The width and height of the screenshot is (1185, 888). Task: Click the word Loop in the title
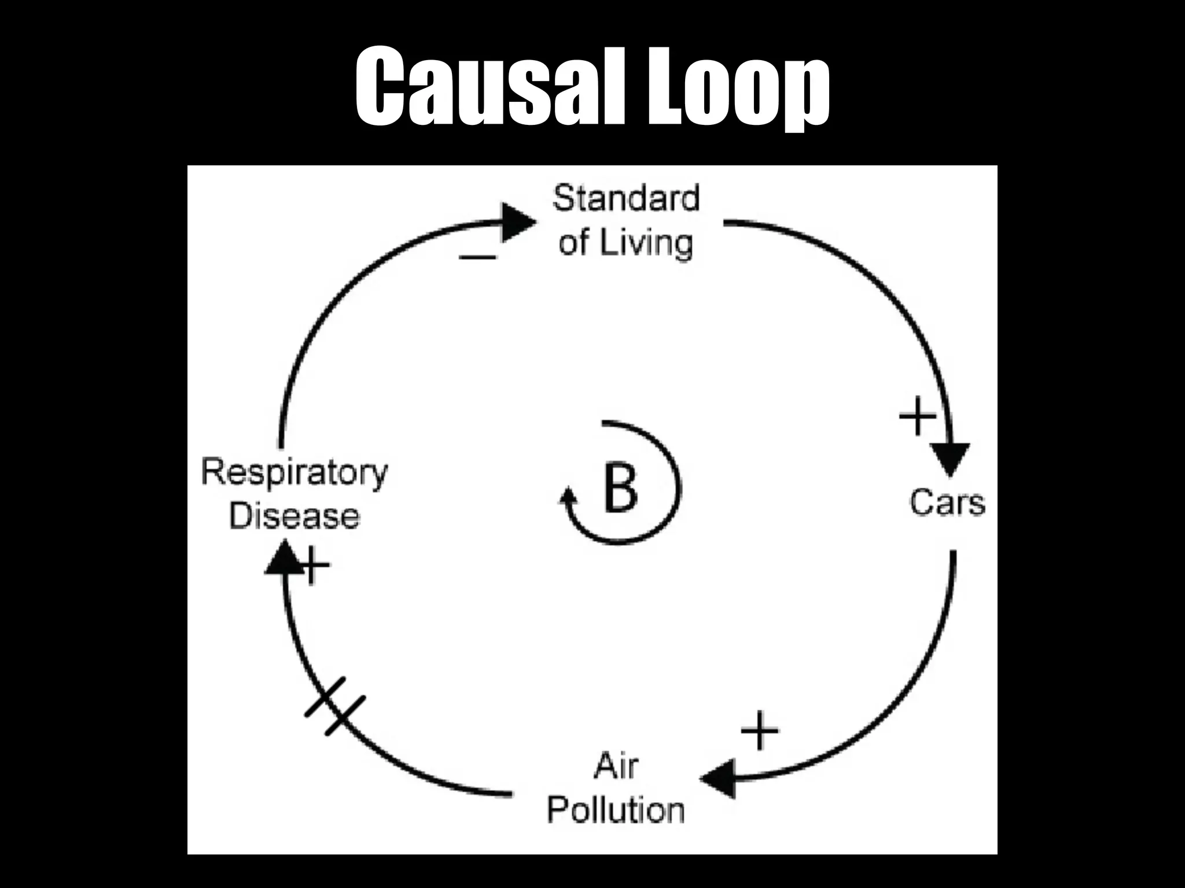coord(738,87)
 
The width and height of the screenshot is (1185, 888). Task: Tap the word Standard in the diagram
coord(626,198)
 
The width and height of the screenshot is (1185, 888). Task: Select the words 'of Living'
coord(625,242)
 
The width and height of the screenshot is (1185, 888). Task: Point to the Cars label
coord(947,502)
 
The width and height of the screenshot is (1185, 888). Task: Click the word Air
coord(616,767)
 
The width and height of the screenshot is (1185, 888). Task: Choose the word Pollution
coord(616,810)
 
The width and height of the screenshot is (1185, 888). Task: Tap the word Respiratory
coord(294,472)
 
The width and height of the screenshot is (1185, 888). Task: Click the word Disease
coord(294,516)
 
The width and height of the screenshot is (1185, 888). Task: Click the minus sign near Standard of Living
coord(477,256)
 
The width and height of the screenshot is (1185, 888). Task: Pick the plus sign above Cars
coord(917,416)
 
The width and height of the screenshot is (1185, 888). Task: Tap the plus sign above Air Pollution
coord(760,731)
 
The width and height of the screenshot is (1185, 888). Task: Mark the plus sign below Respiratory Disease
coord(313,565)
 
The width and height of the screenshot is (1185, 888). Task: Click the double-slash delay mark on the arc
coord(335,706)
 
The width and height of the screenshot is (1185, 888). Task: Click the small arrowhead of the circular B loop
coord(569,497)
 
